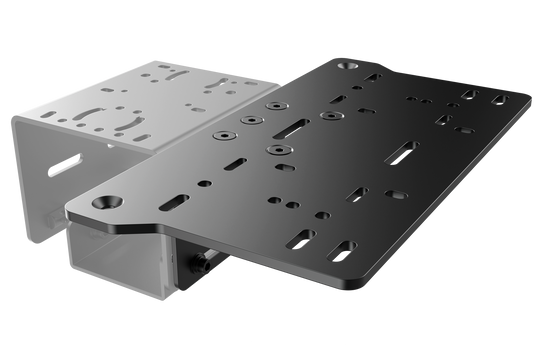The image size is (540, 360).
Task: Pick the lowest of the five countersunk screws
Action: pos(271,149)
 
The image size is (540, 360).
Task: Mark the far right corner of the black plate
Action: pos(532,100)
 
